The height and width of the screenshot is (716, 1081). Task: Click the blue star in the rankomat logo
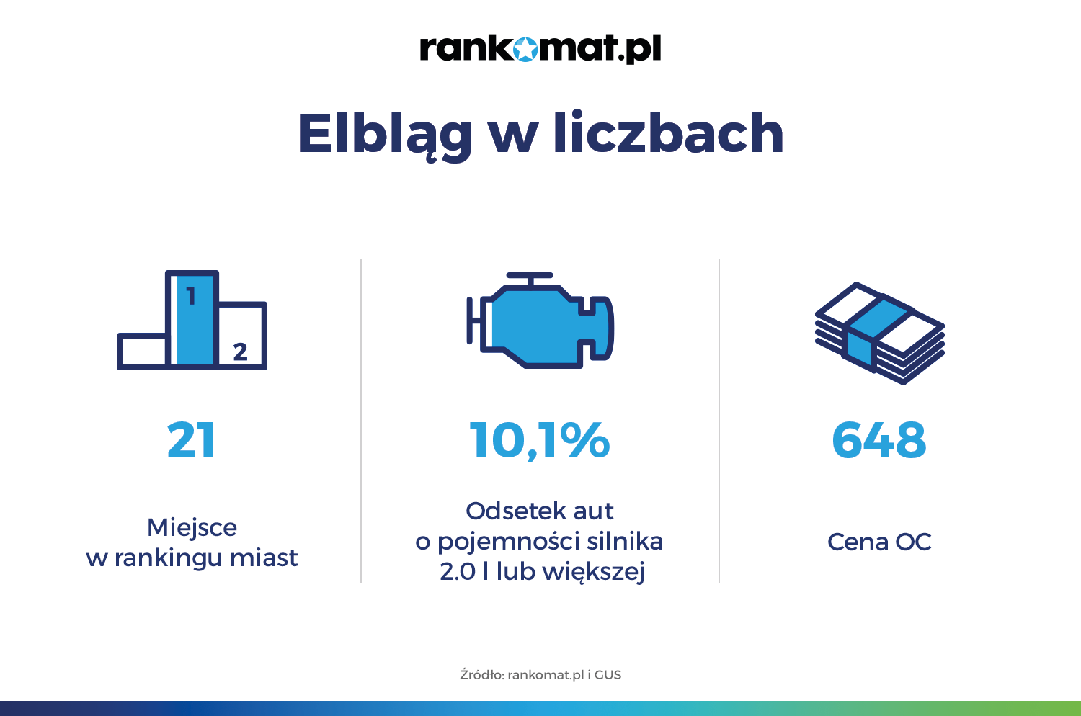(525, 49)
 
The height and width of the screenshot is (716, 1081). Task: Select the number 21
(191, 440)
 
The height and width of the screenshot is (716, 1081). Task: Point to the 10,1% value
(540, 441)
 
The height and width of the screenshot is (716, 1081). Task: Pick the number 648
(878, 440)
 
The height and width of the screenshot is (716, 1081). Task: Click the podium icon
(192, 321)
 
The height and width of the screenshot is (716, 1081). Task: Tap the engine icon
(540, 321)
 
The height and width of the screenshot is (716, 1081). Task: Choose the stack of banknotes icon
(879, 333)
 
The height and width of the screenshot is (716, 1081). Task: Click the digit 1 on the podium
(191, 296)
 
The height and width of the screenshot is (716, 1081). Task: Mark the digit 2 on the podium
(240, 352)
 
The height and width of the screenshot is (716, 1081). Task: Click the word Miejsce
(192, 527)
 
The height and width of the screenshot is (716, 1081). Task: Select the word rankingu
(168, 558)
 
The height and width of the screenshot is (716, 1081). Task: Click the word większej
(593, 572)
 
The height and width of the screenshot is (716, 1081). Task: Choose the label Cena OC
(879, 542)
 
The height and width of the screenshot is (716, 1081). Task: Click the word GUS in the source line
(608, 674)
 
